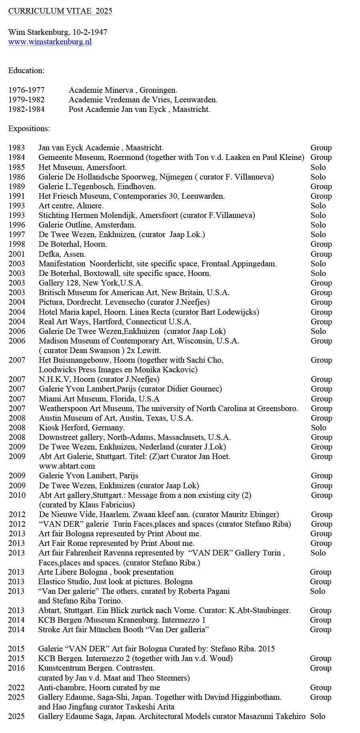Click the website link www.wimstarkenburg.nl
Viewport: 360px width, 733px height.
pos(50,42)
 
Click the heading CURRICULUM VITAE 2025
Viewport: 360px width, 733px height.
pos(60,11)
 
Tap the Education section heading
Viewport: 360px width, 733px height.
pos(26,71)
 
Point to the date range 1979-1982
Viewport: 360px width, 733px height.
pos(26,100)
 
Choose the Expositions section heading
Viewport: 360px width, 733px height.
pos(29,129)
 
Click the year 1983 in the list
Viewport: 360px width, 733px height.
pos(17,148)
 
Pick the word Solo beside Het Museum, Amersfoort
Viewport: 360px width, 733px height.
pos(318,167)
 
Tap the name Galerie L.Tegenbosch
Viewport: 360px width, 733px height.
pos(76,186)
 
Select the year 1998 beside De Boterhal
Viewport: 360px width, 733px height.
pos(17,244)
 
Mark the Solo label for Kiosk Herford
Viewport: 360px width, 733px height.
pos(318,428)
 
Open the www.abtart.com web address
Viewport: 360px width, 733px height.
pos(67,466)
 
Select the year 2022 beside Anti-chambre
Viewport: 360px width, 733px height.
pos(16,688)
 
